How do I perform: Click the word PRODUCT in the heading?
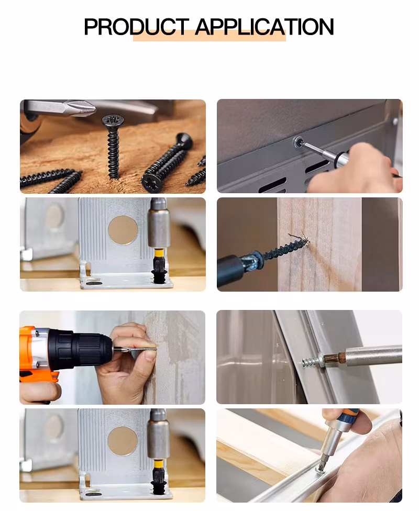[136, 27]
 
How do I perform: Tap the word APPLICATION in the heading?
[264, 27]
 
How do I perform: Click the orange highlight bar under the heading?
[210, 36]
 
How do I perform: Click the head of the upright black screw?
[113, 122]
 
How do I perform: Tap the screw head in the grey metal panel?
[297, 142]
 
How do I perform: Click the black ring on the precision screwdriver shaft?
[340, 159]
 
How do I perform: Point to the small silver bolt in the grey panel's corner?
[395, 122]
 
